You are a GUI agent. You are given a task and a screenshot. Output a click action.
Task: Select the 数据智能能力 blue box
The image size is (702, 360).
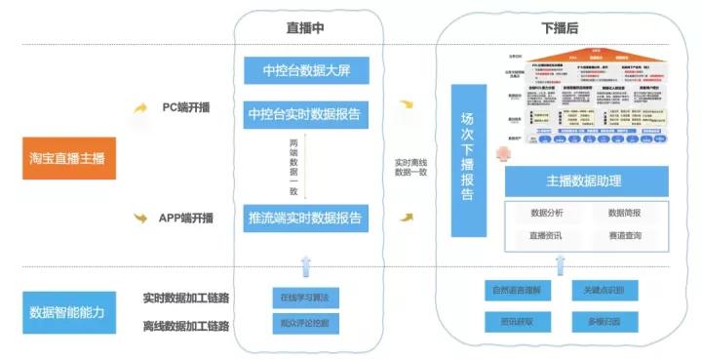pyautogui.click(x=69, y=312)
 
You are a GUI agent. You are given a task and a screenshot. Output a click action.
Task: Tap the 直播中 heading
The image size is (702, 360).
pyautogui.click(x=306, y=30)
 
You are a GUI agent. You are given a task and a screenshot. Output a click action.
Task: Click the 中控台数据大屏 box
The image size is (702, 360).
pyautogui.click(x=306, y=70)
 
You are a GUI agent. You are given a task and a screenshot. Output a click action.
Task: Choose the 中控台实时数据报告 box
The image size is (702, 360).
pyautogui.click(x=306, y=116)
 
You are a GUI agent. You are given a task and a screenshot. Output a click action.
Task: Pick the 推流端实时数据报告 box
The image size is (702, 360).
pyautogui.click(x=306, y=218)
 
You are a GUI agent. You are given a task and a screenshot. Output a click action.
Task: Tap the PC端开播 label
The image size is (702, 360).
pyautogui.click(x=187, y=107)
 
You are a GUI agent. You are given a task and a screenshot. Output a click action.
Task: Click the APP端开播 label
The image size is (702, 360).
pyautogui.click(x=186, y=218)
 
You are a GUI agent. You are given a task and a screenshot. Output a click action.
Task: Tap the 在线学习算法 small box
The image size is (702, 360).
pyautogui.click(x=306, y=297)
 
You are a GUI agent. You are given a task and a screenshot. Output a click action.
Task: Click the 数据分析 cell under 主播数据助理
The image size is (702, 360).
pyautogui.click(x=547, y=213)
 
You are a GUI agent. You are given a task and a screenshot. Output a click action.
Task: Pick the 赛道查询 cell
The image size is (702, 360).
pyautogui.click(x=624, y=236)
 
